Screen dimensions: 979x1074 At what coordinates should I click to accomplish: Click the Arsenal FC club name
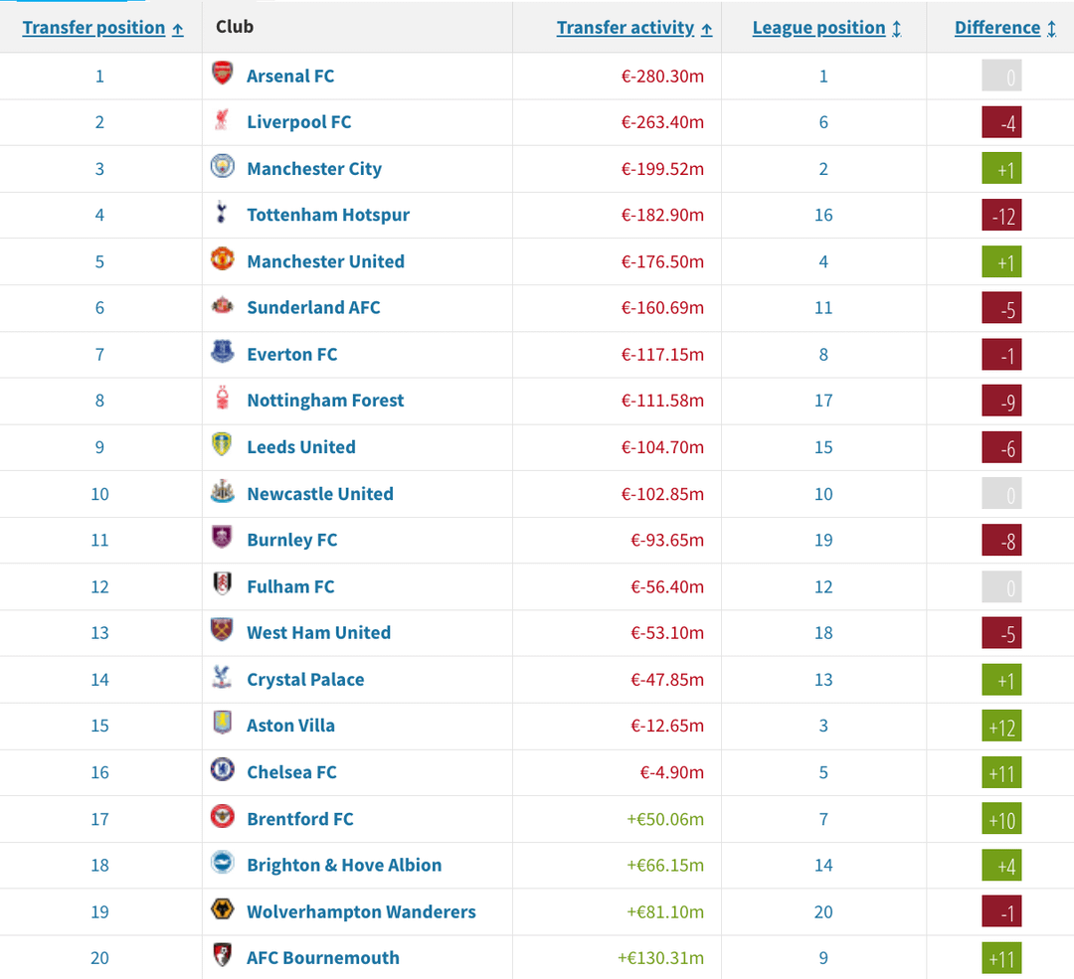pos(290,76)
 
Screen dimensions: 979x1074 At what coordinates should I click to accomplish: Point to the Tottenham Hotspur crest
pos(222,214)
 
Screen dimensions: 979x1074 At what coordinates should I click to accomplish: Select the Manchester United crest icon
pos(222,260)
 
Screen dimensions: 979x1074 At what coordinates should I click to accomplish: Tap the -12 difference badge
pos(1001,216)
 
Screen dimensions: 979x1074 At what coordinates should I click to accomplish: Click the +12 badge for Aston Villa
pos(1001,727)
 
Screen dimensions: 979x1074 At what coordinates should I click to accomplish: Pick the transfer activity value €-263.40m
pos(662,122)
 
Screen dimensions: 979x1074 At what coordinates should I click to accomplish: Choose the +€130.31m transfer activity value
pos(660,958)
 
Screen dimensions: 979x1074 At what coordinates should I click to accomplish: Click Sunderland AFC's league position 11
pos(823,308)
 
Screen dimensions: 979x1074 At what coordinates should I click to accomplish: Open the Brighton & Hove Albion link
pos(344,865)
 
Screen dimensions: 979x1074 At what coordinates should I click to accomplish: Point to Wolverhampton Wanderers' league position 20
pos(823,911)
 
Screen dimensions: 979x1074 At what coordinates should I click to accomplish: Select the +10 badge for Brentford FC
pos(1001,820)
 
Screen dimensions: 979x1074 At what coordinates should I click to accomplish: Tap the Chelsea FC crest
pos(222,771)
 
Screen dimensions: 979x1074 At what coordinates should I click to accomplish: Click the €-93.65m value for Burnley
pos(666,540)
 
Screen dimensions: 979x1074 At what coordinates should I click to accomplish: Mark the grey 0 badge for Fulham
pos(1001,587)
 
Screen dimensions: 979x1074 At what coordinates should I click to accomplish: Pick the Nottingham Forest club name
pos(325,401)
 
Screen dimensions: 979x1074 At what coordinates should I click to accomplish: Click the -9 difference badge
pos(1001,402)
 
